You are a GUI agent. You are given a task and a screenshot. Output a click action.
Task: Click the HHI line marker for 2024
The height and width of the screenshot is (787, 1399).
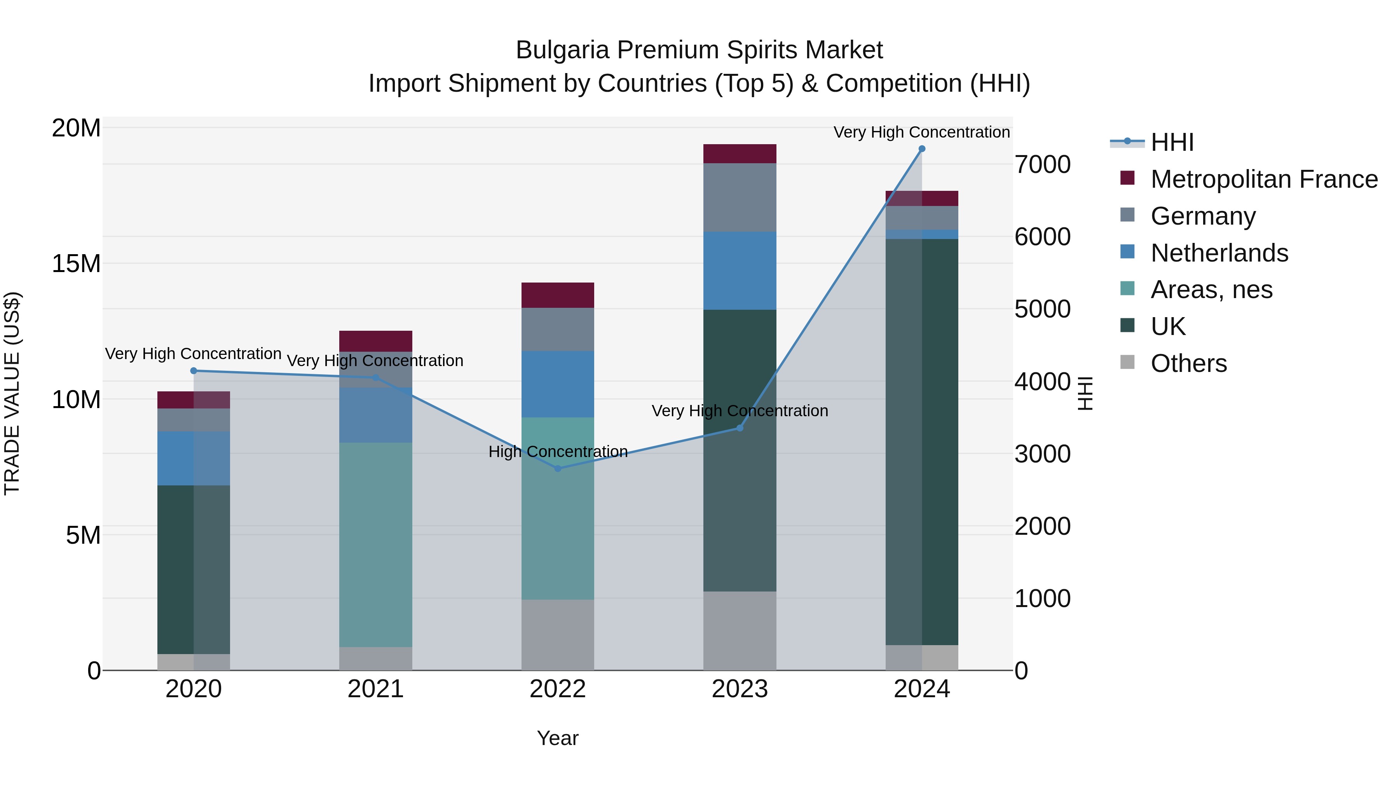(922, 149)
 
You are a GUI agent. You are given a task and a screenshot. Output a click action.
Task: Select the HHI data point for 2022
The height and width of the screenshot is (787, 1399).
(558, 468)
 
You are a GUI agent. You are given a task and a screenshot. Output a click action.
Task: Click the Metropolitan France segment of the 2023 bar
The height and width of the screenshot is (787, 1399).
(740, 154)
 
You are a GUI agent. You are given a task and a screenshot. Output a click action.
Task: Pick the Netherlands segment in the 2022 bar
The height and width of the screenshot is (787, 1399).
(558, 384)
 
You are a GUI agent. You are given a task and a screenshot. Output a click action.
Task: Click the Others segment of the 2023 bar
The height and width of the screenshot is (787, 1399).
(740, 631)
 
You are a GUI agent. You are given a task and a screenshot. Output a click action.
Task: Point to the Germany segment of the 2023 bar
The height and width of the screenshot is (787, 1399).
(740, 197)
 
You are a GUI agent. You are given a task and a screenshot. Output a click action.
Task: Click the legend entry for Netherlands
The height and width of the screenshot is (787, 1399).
(1219, 253)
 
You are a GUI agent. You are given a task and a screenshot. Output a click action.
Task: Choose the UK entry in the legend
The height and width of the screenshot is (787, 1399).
(1168, 326)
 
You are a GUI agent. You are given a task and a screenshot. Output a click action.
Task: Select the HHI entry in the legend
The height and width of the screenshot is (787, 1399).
(1172, 142)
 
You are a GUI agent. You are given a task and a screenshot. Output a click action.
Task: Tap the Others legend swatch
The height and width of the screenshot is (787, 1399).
(1127, 362)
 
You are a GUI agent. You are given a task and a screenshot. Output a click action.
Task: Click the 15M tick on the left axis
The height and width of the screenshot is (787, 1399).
(76, 264)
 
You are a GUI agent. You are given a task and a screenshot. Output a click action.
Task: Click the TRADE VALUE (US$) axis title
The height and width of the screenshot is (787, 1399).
(12, 393)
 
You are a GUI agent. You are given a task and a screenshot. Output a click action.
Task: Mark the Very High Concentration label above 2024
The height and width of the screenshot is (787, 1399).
(922, 133)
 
